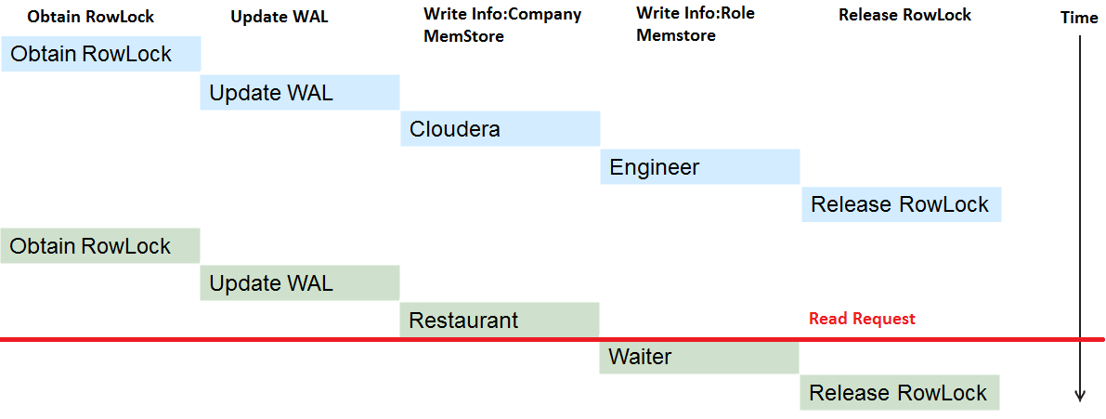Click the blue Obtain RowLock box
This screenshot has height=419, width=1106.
point(101,54)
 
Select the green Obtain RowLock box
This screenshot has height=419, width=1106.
point(100,245)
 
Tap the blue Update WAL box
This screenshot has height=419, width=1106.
point(300,92)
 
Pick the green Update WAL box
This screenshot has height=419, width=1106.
point(300,282)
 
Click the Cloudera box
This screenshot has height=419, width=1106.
point(501,128)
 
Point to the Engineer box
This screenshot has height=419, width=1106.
point(699,167)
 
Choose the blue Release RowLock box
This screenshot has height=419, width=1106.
point(902,204)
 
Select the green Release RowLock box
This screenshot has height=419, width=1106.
point(900,392)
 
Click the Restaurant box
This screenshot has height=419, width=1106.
point(500,321)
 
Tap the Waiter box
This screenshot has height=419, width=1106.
point(699,358)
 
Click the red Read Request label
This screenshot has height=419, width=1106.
point(862,319)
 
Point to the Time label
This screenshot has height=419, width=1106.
point(1079,19)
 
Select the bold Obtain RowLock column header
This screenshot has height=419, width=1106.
point(90,16)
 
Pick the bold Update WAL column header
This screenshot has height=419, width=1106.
point(280,17)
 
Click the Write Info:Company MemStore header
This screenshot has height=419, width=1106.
point(502,25)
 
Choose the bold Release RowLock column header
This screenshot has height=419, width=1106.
point(905,15)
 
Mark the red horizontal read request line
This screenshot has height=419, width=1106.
point(553,341)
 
